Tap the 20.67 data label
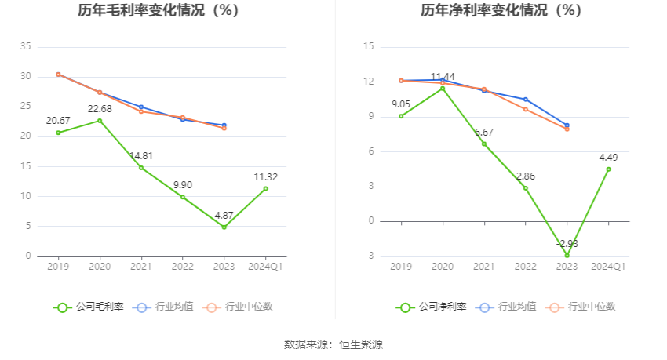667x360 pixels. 58,120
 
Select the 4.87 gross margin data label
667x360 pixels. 224,215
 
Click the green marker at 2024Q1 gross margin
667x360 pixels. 265,188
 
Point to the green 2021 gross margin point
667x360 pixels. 141,168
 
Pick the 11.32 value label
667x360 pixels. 265,176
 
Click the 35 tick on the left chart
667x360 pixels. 26,47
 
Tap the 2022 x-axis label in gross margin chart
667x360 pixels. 183,267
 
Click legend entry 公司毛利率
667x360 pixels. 89,307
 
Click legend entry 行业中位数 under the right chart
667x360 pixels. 582,307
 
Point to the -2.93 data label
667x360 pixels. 567,244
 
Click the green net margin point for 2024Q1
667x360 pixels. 608,169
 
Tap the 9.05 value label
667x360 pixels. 401,104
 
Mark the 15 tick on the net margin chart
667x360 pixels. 369,47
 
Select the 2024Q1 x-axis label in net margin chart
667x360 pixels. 608,267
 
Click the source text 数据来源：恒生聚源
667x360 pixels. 333,344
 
